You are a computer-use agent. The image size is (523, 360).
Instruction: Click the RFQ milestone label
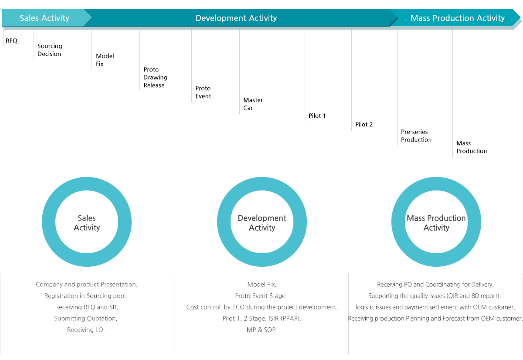point(11,41)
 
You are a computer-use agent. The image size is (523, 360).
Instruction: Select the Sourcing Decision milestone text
point(50,50)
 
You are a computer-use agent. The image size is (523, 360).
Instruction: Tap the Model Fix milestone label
point(105,60)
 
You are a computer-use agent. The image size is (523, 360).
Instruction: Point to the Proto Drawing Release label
point(155,77)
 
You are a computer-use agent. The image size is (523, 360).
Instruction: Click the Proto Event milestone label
point(203,92)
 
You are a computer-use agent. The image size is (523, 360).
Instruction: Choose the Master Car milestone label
point(253,104)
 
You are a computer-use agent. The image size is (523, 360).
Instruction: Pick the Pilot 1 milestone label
point(317,115)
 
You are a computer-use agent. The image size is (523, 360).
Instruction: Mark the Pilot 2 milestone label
point(364,125)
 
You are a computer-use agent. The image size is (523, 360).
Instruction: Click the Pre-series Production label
point(416,136)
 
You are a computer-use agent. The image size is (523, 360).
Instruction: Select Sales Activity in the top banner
point(44,18)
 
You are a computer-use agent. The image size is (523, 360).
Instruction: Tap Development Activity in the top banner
point(236,18)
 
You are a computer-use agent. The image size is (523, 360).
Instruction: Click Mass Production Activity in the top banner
point(457,18)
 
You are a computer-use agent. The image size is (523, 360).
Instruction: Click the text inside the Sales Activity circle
point(87,223)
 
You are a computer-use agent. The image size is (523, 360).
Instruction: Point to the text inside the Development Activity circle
point(262,223)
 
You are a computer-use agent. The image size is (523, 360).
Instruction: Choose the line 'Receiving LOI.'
point(87,329)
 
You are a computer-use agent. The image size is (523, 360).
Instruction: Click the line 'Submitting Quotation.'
point(86,319)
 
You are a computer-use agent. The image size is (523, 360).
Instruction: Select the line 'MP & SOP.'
point(262,329)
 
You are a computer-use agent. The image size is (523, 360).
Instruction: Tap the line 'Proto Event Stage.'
point(261,296)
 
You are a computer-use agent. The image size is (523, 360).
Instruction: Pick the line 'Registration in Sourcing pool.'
point(86,296)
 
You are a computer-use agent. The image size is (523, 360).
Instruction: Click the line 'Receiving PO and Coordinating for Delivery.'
point(435,284)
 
